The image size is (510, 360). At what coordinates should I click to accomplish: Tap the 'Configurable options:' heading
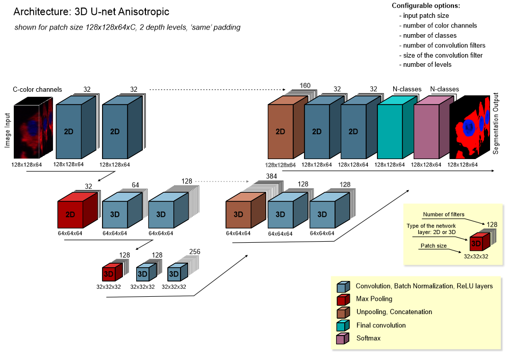pos(425,6)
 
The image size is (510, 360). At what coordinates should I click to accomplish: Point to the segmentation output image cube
pos(467,127)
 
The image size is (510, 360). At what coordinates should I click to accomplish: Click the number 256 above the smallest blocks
pos(195,252)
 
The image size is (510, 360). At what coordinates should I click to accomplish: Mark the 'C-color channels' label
pos(37,90)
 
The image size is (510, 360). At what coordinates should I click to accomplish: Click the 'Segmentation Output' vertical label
pos(496,124)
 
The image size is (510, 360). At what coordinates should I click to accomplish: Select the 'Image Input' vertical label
pos(8,131)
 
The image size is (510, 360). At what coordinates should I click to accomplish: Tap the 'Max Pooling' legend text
pos(374,299)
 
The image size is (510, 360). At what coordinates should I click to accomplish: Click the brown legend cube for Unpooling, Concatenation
pos(343,312)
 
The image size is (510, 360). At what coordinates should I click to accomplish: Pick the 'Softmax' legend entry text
pos(368,339)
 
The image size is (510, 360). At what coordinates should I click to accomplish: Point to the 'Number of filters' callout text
pos(443,214)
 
